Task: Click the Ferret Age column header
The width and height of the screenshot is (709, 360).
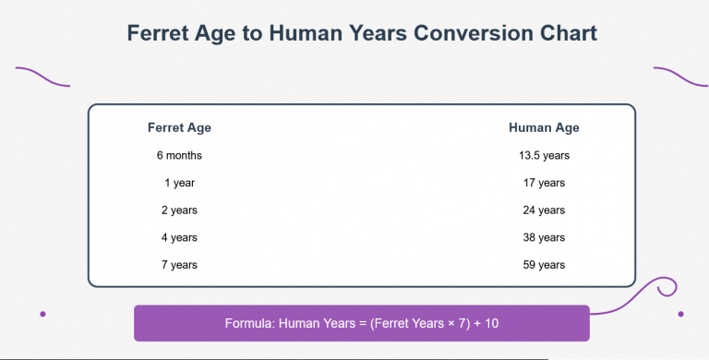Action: point(179,127)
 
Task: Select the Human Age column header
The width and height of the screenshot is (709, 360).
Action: point(544,127)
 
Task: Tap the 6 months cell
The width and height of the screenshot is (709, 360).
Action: point(179,155)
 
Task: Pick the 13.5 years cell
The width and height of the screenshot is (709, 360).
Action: point(544,155)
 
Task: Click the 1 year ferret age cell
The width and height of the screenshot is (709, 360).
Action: point(179,183)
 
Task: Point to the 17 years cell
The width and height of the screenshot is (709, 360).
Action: point(544,183)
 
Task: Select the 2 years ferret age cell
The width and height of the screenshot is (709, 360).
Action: point(179,210)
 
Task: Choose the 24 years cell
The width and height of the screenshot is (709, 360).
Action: point(544,210)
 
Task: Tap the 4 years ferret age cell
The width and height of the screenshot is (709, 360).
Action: point(179,237)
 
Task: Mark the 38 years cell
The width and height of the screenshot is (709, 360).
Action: point(544,237)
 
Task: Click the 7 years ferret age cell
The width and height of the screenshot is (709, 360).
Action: point(179,265)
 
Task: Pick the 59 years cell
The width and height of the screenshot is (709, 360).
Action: point(544,265)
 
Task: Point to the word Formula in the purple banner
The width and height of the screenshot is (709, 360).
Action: point(248,324)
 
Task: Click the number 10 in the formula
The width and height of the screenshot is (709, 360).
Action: point(491,324)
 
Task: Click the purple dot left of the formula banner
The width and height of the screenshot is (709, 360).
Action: point(43,314)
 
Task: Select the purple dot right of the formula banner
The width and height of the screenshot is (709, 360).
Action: point(680,314)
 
